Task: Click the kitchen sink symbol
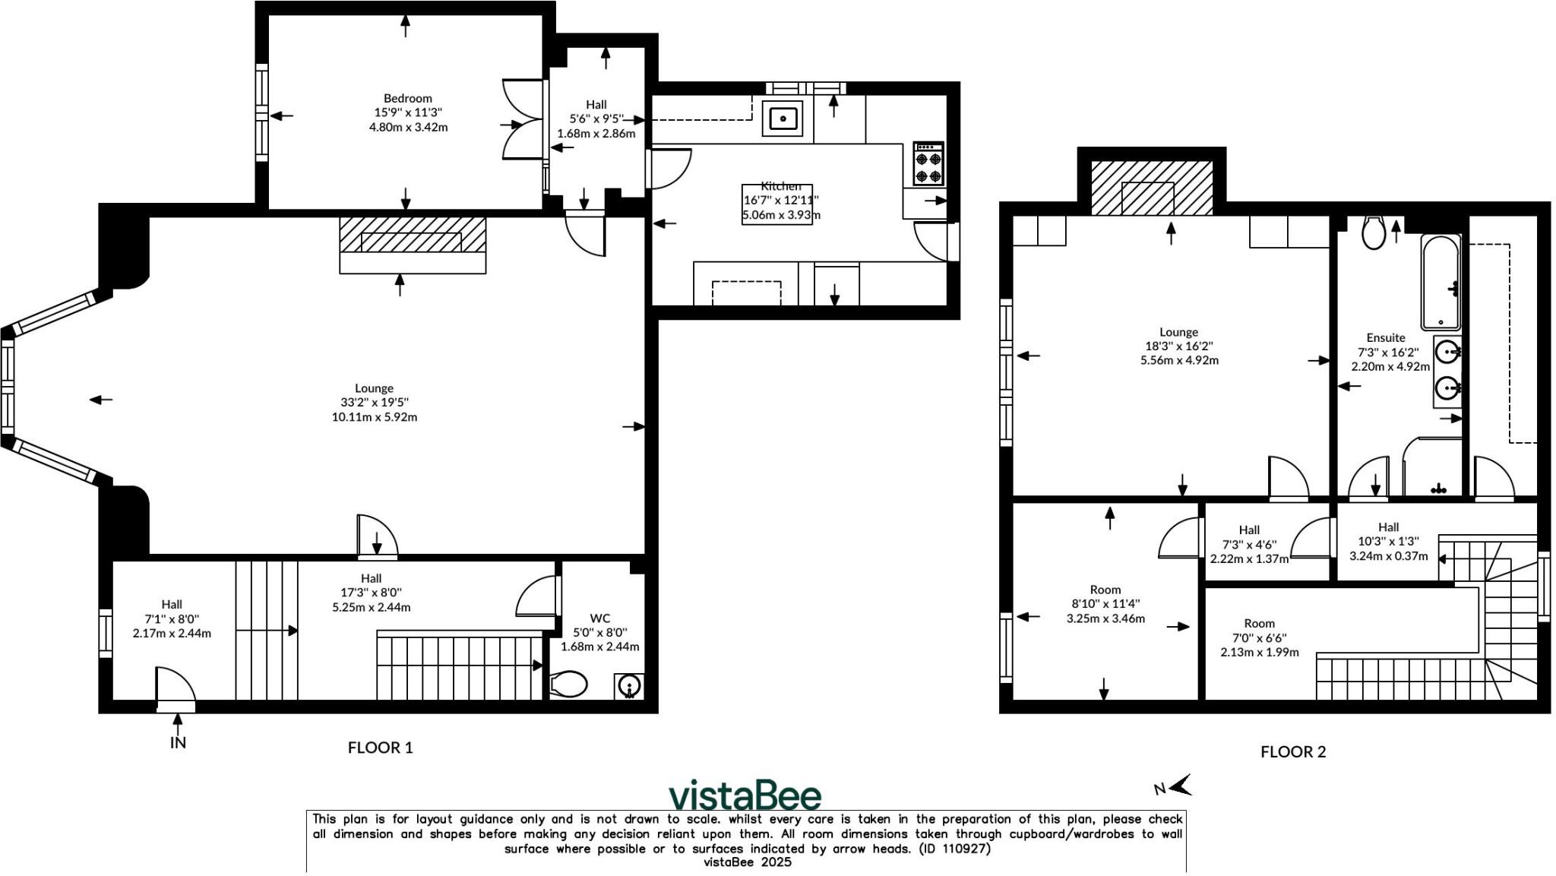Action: coord(783,119)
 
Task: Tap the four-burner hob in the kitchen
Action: coord(928,164)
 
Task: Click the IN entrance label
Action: coord(178,742)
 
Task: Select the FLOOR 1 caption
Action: coord(380,748)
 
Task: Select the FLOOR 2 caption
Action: coord(1293,752)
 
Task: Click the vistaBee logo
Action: coord(745,795)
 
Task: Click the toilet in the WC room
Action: coord(568,685)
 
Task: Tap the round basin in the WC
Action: coord(629,687)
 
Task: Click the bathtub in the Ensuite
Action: coord(1441,281)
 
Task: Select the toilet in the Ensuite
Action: coord(1374,232)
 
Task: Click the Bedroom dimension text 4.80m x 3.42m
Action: coord(408,128)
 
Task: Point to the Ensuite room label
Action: coord(1385,338)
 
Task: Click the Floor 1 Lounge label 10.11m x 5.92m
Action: coord(374,417)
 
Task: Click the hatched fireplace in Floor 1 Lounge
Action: coord(412,236)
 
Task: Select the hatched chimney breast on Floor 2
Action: coord(1151,188)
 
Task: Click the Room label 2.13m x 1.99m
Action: coord(1259,653)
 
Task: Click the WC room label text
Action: coord(599,618)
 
